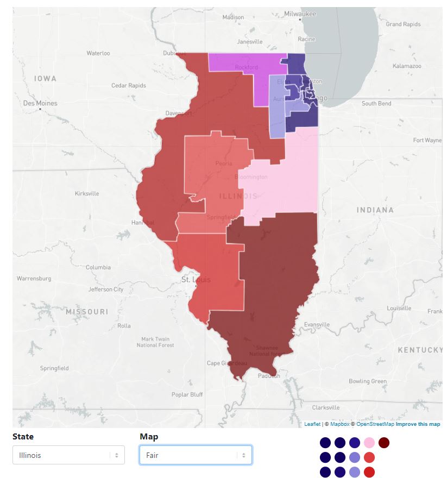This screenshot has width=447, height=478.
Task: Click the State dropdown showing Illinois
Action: [68, 455]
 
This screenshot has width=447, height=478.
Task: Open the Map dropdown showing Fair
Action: [196, 455]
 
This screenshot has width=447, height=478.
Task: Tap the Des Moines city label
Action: [40, 103]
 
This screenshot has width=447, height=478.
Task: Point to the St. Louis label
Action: [196, 280]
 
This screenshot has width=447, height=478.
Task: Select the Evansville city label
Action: [317, 324]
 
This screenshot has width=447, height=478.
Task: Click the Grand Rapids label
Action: [402, 24]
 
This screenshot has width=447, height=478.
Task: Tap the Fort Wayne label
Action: [427, 140]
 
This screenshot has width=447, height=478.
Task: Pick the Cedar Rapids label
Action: [129, 85]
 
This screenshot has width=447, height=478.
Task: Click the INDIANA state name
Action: [375, 210]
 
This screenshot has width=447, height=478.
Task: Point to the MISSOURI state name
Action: [87, 312]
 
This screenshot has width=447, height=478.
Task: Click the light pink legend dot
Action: [369, 443]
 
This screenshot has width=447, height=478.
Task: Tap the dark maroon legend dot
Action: [384, 443]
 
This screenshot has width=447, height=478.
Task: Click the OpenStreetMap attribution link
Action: [375, 424]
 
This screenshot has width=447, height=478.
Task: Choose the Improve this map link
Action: [418, 424]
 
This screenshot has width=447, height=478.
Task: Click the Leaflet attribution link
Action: [312, 424]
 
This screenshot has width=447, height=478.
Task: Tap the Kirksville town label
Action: [87, 193]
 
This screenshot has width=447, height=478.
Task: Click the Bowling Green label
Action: [368, 381]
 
